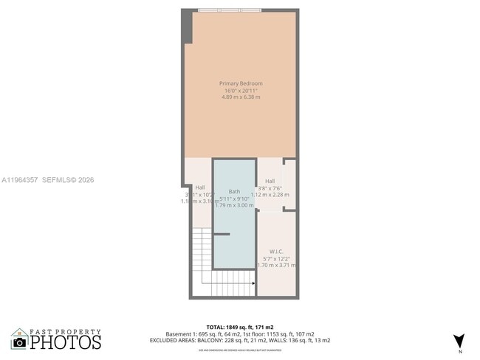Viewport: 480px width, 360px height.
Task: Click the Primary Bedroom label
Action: (241, 83)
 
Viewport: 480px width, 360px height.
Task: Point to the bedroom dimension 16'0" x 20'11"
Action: (241, 91)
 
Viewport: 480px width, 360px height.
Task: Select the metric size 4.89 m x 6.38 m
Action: (241, 97)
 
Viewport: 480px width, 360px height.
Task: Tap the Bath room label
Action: (234, 191)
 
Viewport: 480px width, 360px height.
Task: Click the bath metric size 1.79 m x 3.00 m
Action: (234, 205)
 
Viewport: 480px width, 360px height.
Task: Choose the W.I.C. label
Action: (277, 252)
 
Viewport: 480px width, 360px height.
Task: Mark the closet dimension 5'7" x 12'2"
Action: (277, 258)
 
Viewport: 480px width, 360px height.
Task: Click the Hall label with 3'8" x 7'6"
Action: (270, 181)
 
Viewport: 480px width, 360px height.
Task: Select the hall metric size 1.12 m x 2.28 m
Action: (270, 195)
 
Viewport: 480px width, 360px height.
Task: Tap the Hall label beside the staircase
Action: (200, 187)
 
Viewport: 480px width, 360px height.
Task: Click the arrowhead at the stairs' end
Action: (254, 283)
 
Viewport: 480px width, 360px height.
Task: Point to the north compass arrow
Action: (459, 340)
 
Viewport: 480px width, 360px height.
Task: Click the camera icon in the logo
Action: (19, 342)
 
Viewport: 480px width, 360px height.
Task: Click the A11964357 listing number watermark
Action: (19, 179)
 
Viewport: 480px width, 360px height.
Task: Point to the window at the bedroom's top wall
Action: (229, 10)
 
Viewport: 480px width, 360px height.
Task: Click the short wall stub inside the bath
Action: (222, 235)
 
